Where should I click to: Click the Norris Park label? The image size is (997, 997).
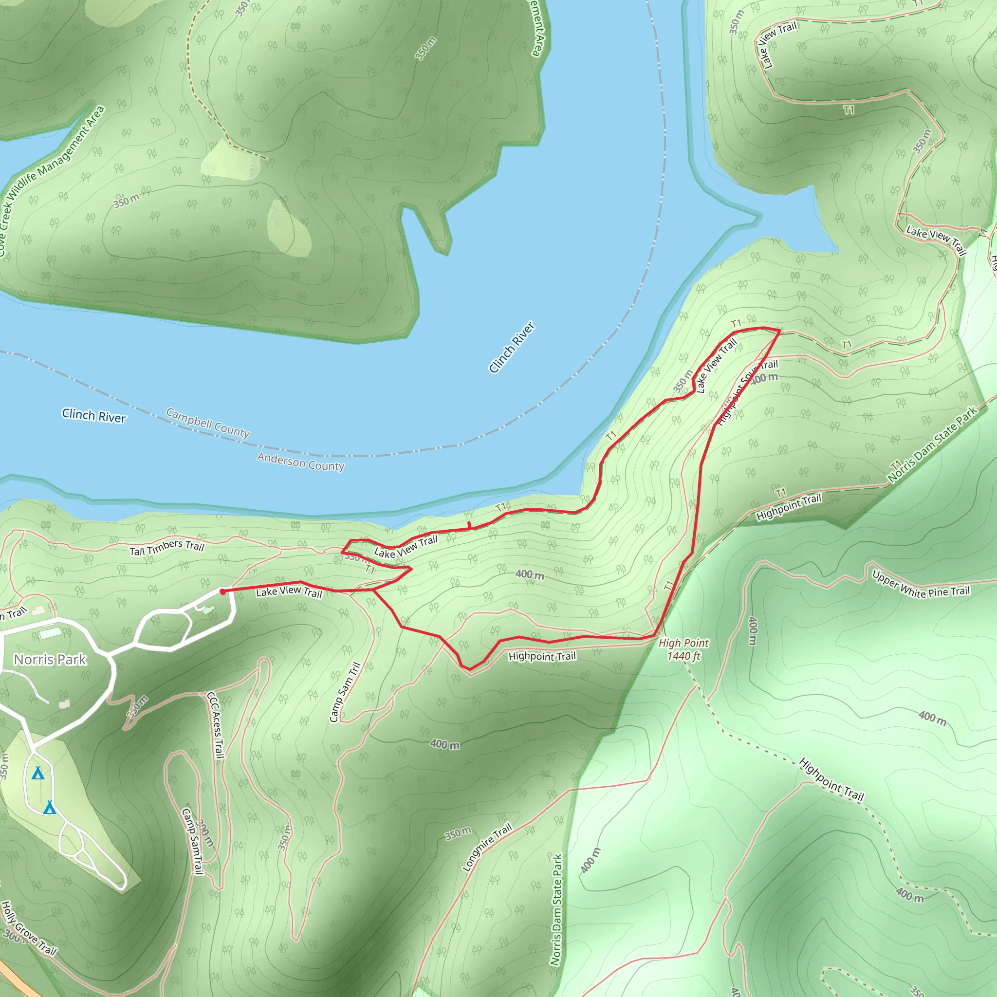50,660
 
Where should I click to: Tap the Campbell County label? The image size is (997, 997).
208,423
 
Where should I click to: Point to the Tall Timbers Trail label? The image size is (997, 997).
166,548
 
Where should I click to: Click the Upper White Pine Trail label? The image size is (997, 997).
921,585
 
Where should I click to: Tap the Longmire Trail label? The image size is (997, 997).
487,847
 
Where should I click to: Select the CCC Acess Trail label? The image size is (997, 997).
216,725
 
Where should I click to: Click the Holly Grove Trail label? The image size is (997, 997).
28,928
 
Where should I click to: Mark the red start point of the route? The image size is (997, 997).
222,592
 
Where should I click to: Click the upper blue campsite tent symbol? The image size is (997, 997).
37,773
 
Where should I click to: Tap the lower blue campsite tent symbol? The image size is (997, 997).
50,807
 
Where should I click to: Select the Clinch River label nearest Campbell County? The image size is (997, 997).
94,415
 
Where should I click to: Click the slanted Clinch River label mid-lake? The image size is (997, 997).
512,347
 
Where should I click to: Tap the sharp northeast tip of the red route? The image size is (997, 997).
779,330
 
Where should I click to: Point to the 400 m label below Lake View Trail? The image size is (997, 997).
530,574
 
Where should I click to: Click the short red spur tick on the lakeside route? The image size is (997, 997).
469,525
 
